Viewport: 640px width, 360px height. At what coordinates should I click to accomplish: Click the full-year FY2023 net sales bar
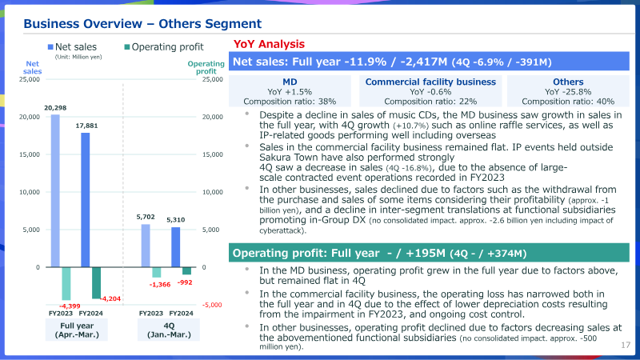click(x=55, y=191)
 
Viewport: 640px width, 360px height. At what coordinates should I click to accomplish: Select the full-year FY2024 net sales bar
click(x=86, y=200)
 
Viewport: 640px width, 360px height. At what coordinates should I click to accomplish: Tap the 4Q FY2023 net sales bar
click(x=146, y=246)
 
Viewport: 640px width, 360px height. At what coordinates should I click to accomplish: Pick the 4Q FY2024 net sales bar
click(x=175, y=247)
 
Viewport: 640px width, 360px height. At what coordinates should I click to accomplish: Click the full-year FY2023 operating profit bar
click(x=66, y=284)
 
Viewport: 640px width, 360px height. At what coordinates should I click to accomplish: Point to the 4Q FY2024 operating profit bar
click(x=186, y=271)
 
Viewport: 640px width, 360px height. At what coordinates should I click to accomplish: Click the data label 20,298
click(x=55, y=108)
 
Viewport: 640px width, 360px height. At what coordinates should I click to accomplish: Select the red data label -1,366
click(x=159, y=285)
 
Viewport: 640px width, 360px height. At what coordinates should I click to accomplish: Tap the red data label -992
click(x=185, y=282)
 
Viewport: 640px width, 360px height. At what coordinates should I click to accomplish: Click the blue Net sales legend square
click(x=50, y=47)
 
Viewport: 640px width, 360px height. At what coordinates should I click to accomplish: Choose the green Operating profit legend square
click(x=127, y=47)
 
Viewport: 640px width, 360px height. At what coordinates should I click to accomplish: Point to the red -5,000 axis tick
click(x=212, y=305)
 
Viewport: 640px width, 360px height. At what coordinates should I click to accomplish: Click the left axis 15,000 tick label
click(x=30, y=154)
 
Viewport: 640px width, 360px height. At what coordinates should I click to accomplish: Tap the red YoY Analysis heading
click(x=269, y=44)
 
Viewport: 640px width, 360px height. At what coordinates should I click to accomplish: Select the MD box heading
click(x=290, y=82)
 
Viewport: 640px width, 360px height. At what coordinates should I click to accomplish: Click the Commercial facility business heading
click(x=430, y=82)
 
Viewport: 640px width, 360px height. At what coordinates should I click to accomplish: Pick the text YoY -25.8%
click(x=568, y=92)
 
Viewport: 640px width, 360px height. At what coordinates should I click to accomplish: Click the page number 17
click(x=626, y=346)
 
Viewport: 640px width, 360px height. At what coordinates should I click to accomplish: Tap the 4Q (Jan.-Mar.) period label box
click(x=169, y=330)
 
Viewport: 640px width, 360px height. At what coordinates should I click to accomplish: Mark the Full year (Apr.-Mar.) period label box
click(x=77, y=330)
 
